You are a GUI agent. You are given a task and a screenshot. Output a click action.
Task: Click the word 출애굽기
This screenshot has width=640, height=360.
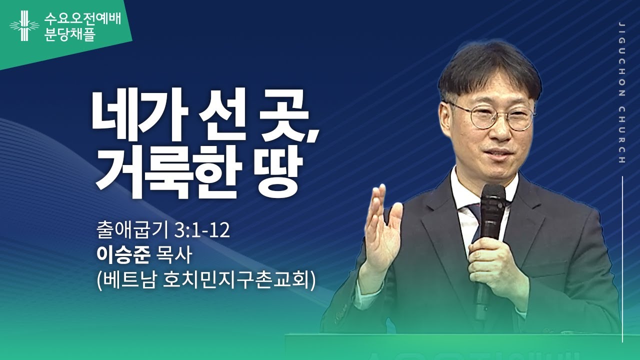pyautogui.click(x=132, y=232)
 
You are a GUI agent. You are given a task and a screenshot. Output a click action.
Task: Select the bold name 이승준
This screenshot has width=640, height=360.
pyautogui.click(x=123, y=256)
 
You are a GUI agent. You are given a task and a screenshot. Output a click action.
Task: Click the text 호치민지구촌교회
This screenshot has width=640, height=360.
pyautogui.click(x=237, y=280)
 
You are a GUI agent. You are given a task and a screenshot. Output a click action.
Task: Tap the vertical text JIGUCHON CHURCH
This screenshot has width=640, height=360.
pyautogui.click(x=621, y=92)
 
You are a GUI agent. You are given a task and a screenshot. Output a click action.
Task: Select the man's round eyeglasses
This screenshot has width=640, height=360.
pyautogui.click(x=490, y=117)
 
